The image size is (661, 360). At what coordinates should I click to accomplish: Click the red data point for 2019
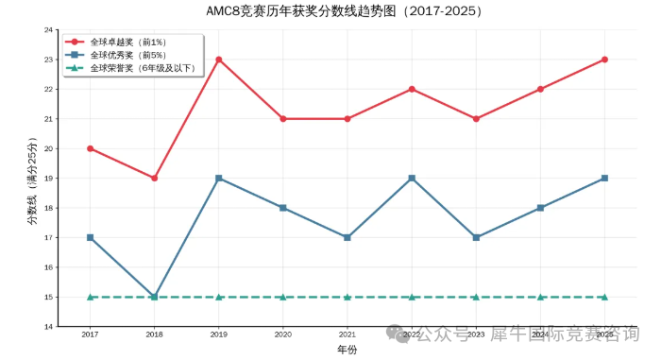click(219, 60)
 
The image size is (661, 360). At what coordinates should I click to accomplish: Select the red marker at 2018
click(155, 178)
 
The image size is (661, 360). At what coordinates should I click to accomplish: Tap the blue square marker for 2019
click(219, 178)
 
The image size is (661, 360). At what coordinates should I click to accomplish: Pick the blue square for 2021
click(347, 237)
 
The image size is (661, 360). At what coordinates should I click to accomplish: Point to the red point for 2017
click(91, 148)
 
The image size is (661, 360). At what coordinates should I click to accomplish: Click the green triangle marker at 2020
click(283, 297)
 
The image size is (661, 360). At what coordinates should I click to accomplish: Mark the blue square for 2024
click(540, 208)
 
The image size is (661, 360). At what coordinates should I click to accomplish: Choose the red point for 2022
click(412, 89)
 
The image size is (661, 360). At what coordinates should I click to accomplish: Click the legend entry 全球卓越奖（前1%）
click(127, 43)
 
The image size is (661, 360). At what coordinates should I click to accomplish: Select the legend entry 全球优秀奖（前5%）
click(127, 55)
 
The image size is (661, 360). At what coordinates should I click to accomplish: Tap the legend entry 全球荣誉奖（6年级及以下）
click(142, 68)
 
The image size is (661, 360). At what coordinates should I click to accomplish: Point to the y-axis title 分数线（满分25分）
click(31, 179)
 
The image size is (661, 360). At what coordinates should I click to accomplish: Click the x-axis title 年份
click(347, 350)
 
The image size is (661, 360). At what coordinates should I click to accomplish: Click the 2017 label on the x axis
click(91, 334)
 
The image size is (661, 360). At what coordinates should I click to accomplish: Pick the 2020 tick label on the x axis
click(283, 334)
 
